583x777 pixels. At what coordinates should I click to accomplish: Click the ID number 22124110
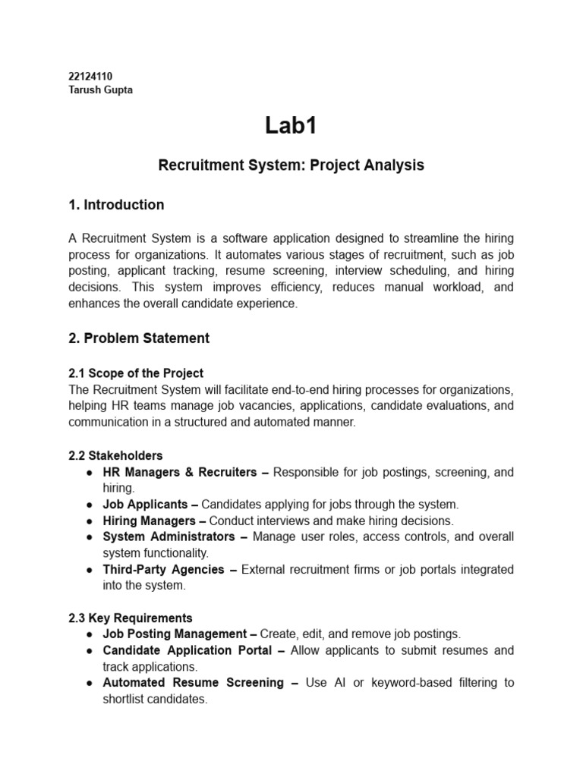pos(90,77)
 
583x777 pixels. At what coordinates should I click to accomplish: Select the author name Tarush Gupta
pos(100,90)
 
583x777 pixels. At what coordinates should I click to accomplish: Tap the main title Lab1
pos(291,126)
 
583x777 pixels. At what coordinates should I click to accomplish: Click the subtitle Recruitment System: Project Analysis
pos(291,165)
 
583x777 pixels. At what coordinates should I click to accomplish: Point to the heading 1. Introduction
pos(116,205)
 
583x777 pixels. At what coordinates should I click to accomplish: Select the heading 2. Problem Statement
pos(139,338)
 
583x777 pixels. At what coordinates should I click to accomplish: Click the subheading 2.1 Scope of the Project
pos(136,373)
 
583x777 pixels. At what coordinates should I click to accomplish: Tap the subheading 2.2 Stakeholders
pos(115,456)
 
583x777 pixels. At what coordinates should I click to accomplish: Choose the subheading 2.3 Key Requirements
pos(131,618)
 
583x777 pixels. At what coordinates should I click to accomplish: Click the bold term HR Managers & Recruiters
pos(180,472)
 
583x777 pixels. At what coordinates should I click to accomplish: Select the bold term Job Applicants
pos(145,504)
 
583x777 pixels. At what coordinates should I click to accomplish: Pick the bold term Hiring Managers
pos(149,521)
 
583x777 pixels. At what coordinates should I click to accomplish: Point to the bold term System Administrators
pos(169,536)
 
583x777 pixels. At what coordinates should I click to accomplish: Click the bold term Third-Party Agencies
pos(163,569)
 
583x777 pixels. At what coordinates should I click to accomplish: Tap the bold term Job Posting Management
pos(175,634)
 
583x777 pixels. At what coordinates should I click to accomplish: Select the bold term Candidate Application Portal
pos(188,650)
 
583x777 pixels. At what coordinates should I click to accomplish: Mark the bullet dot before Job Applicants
pos(90,505)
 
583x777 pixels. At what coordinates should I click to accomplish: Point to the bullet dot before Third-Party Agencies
pos(90,569)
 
